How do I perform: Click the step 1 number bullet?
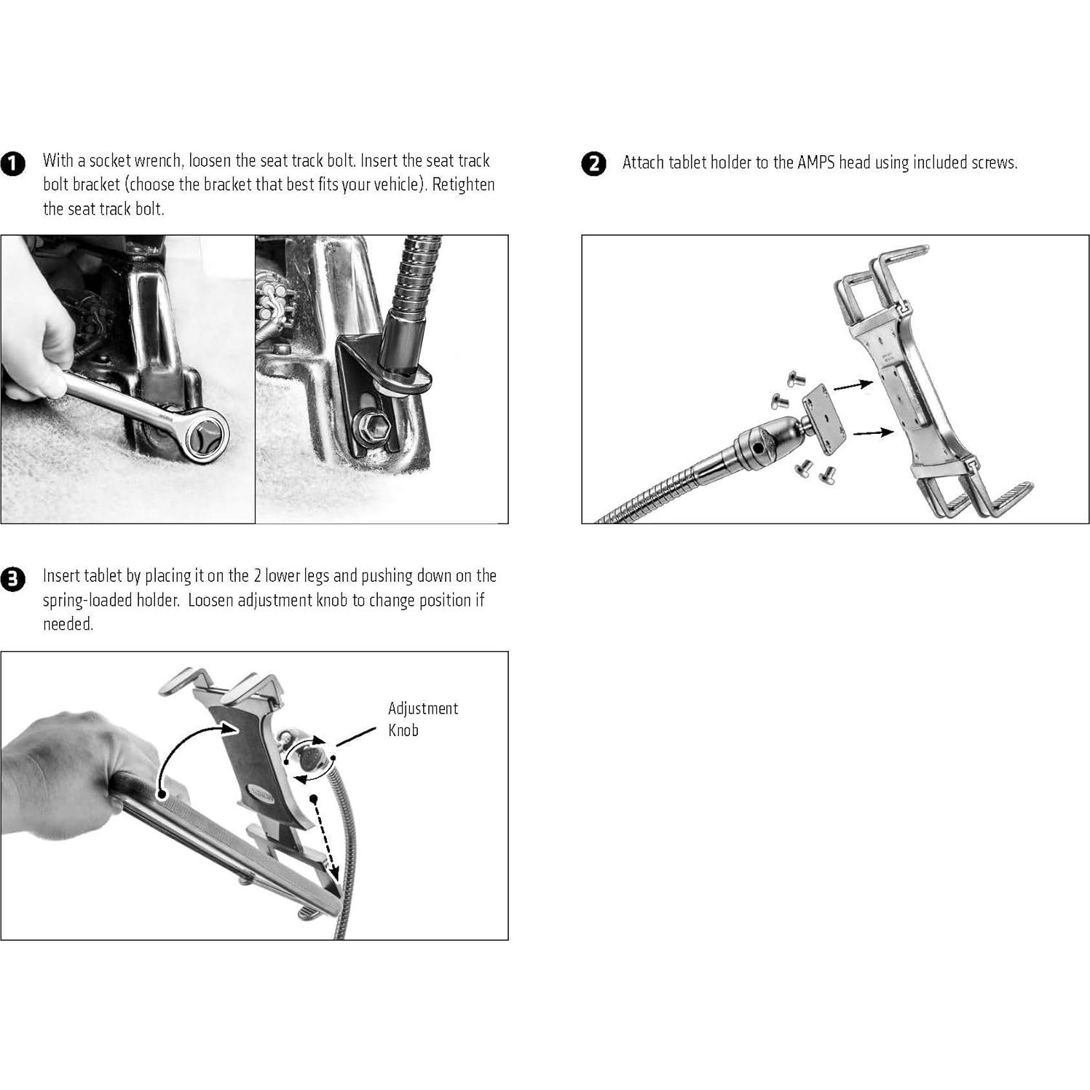click(12, 164)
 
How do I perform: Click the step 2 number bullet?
click(593, 164)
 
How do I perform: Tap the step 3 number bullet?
click(12, 580)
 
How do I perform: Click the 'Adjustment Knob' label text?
click(422, 719)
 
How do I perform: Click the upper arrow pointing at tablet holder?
click(853, 385)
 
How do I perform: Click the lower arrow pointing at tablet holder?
click(873, 433)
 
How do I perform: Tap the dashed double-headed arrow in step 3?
click(325, 837)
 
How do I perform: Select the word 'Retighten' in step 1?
click(463, 185)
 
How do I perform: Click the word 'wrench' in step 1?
click(158, 161)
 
